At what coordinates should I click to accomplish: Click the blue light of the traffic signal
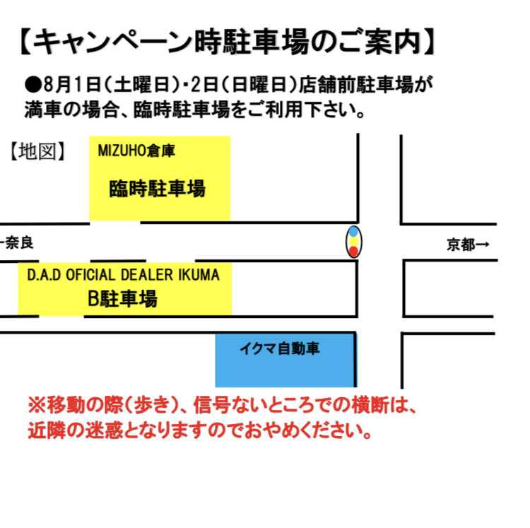(353, 232)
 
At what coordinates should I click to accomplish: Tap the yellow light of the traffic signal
(353, 242)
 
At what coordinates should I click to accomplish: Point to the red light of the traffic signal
(353, 252)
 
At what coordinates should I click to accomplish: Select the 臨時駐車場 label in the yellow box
(157, 189)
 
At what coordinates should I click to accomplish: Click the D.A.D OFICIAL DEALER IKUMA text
(124, 274)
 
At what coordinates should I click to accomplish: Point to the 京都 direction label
(462, 245)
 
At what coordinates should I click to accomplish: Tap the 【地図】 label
(39, 151)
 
